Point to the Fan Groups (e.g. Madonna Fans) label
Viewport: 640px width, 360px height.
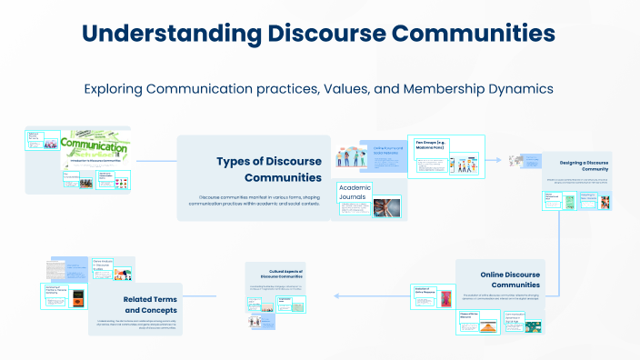[434, 146]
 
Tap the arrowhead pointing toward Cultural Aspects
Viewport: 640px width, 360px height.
[335, 295]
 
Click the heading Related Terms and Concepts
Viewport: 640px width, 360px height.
[150, 305]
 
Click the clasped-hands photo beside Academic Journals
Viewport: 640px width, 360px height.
[385, 208]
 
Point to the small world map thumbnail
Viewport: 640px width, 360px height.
[517, 158]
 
